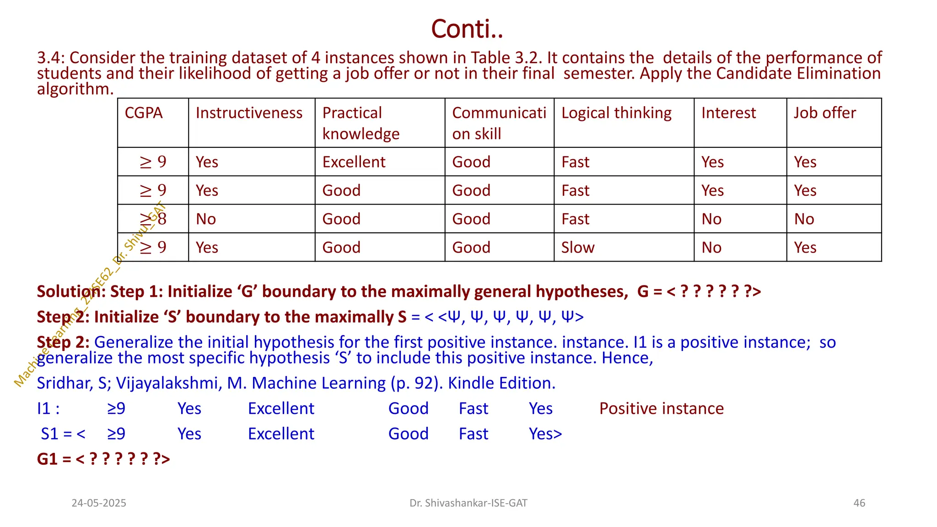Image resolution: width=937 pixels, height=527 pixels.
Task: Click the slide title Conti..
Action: click(x=467, y=29)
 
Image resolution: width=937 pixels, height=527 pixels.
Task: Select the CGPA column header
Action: click(x=144, y=113)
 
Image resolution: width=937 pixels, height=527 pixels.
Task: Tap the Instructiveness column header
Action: click(x=249, y=113)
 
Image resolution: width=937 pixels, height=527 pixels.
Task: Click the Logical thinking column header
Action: click(x=616, y=113)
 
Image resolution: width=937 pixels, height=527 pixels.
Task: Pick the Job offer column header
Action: click(x=824, y=113)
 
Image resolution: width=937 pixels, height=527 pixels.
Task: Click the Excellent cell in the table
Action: click(x=354, y=162)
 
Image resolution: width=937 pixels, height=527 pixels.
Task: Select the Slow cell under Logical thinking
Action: click(x=578, y=247)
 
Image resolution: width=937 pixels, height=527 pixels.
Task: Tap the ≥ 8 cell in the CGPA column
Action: click(x=153, y=219)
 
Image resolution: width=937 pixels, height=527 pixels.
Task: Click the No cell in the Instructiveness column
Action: click(x=206, y=219)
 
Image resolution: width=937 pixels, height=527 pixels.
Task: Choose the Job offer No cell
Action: click(x=804, y=219)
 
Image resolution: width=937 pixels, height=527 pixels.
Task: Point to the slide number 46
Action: click(x=859, y=503)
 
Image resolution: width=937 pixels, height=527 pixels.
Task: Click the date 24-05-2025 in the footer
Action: click(x=99, y=503)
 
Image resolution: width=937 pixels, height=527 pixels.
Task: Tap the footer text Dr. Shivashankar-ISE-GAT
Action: click(x=468, y=503)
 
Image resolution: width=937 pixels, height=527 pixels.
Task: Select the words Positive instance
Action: click(x=661, y=409)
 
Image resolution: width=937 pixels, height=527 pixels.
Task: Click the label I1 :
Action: click(x=48, y=409)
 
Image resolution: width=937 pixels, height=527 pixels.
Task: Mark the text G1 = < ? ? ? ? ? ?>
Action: click(x=103, y=459)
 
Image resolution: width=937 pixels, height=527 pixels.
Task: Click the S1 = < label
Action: click(x=63, y=434)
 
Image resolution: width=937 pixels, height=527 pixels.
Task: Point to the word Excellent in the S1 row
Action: click(x=281, y=434)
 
